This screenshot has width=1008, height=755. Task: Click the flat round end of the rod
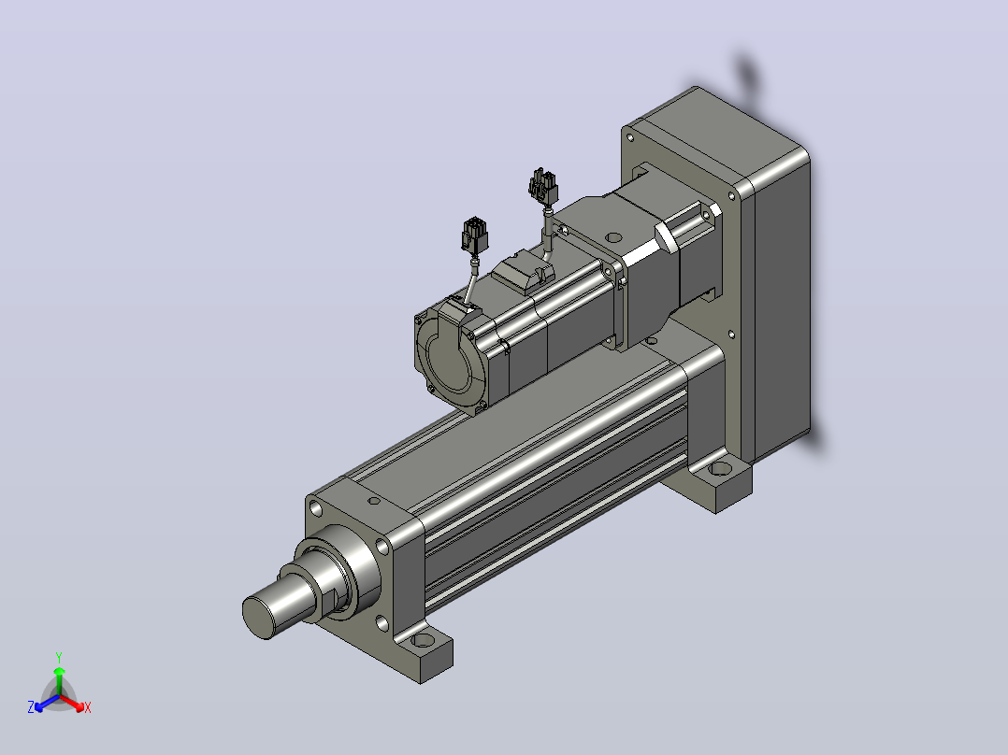[x=259, y=617]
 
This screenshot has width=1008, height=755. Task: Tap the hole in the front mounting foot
[x=423, y=640]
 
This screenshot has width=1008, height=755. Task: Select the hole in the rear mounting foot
[x=721, y=468]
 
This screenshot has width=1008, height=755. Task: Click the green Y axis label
[x=59, y=657]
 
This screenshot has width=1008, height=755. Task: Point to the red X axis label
[x=88, y=707]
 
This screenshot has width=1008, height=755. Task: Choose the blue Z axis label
[x=31, y=707]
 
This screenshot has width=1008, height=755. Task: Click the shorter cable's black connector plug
[x=474, y=235]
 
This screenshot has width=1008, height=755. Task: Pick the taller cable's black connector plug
[x=543, y=186]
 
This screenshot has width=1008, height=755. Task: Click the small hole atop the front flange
[x=374, y=501]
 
